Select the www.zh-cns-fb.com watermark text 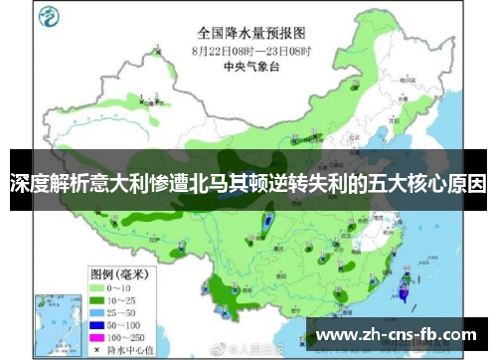(x=396, y=334)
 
